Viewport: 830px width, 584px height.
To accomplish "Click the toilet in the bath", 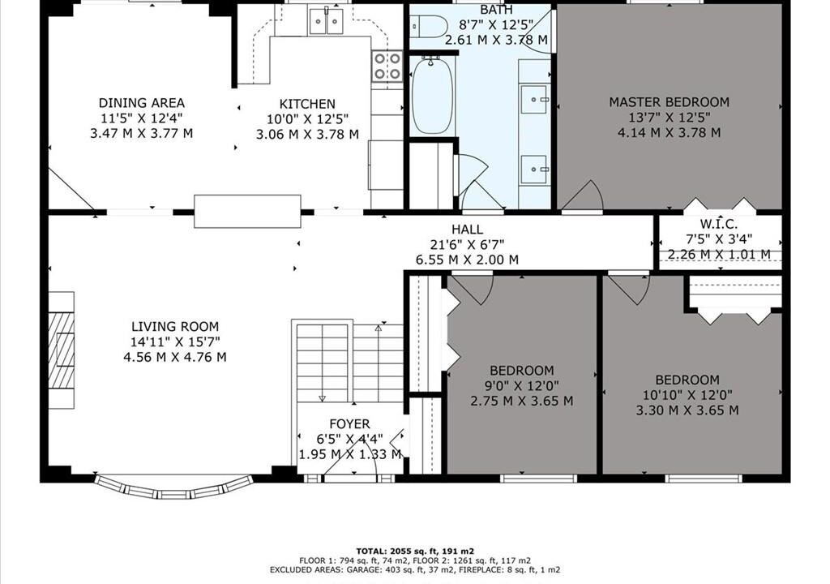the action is (x=428, y=26).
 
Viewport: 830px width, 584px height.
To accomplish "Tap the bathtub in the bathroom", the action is (x=433, y=96).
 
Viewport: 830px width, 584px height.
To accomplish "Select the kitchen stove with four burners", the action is (x=387, y=67).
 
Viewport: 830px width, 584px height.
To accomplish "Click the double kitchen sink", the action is (x=326, y=22).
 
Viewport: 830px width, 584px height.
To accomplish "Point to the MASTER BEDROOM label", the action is (x=669, y=101).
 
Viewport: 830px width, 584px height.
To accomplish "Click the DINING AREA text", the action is (x=141, y=103).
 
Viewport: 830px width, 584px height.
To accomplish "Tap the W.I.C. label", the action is (x=719, y=224).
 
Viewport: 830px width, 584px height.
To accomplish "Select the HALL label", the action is (x=467, y=230).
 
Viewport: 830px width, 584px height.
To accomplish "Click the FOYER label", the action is (x=349, y=424).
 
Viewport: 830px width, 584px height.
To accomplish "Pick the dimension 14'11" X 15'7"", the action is (x=175, y=341).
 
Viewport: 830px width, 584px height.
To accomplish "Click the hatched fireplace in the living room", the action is (x=62, y=350).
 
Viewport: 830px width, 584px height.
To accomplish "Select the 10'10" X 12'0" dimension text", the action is (x=687, y=395).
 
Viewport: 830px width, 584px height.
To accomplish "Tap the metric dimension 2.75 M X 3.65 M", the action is (x=522, y=401).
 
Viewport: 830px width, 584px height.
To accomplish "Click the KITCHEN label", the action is (x=307, y=104).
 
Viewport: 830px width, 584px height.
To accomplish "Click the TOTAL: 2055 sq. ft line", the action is (x=415, y=551).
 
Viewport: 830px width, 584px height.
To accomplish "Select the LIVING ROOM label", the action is (x=175, y=326).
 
